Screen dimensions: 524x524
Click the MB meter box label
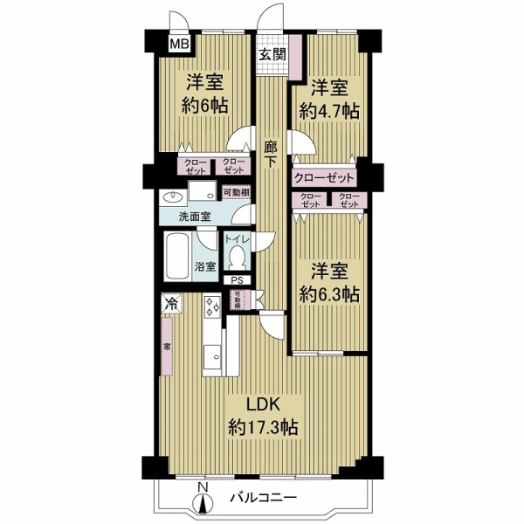pyautogui.click(x=179, y=43)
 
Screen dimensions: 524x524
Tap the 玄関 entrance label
pyautogui.click(x=272, y=53)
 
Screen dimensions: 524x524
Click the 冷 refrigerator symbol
pyautogui.click(x=170, y=305)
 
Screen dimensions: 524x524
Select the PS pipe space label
pyautogui.click(x=238, y=280)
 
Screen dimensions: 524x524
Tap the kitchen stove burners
pyautogui.click(x=212, y=307)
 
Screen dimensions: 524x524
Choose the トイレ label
pyautogui.click(x=238, y=238)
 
